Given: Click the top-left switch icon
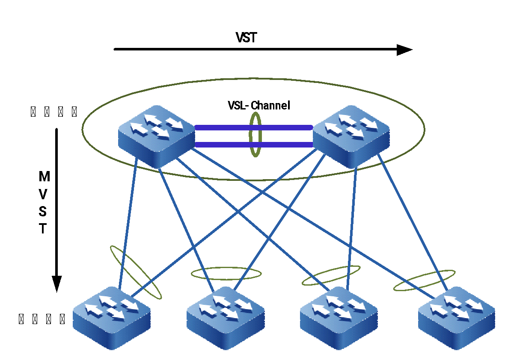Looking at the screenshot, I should pyautogui.click(x=156, y=136).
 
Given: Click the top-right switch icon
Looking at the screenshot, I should pyautogui.click(x=351, y=136).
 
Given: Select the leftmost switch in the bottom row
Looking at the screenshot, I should pyautogui.click(x=112, y=318).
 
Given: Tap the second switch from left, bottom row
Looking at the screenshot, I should pyautogui.click(x=226, y=318).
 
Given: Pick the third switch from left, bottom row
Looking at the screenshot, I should pyautogui.click(x=339, y=318).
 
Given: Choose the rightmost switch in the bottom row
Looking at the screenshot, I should pyautogui.click(x=456, y=318).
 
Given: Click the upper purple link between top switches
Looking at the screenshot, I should pyautogui.click(x=223, y=127).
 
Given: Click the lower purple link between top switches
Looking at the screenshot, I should pyautogui.click(x=223, y=145).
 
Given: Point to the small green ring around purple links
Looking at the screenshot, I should pyautogui.click(x=255, y=114).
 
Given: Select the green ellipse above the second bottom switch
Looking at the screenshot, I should pyautogui.click(x=226, y=268).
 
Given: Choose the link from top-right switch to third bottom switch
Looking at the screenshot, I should pyautogui.click(x=352, y=227).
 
